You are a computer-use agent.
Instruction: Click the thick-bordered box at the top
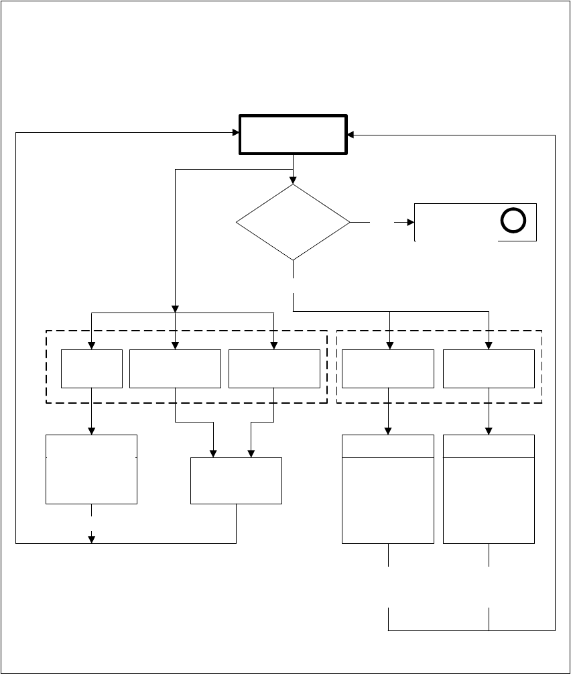(x=294, y=135)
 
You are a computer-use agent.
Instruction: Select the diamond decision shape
(x=294, y=222)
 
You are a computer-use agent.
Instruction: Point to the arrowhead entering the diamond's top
(x=294, y=180)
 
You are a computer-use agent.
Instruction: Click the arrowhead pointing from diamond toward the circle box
(x=410, y=222)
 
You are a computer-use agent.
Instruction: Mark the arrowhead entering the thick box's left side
(x=236, y=133)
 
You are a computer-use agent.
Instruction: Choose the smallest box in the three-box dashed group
(x=92, y=368)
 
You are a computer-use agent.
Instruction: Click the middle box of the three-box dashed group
(x=175, y=368)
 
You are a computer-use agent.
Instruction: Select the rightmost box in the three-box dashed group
(x=274, y=368)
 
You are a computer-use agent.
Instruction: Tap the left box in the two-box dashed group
(x=388, y=368)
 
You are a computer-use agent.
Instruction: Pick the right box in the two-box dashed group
(x=489, y=368)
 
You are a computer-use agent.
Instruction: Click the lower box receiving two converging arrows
(x=236, y=481)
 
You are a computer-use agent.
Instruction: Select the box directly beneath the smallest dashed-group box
(x=92, y=469)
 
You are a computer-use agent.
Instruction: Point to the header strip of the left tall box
(x=388, y=446)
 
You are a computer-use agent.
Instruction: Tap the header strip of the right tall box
(x=489, y=446)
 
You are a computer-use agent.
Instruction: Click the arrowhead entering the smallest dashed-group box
(x=92, y=345)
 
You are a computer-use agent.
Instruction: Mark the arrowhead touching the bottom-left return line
(x=92, y=539)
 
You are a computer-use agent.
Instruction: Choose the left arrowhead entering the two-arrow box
(x=214, y=453)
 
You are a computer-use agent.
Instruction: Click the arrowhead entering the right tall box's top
(x=489, y=431)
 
